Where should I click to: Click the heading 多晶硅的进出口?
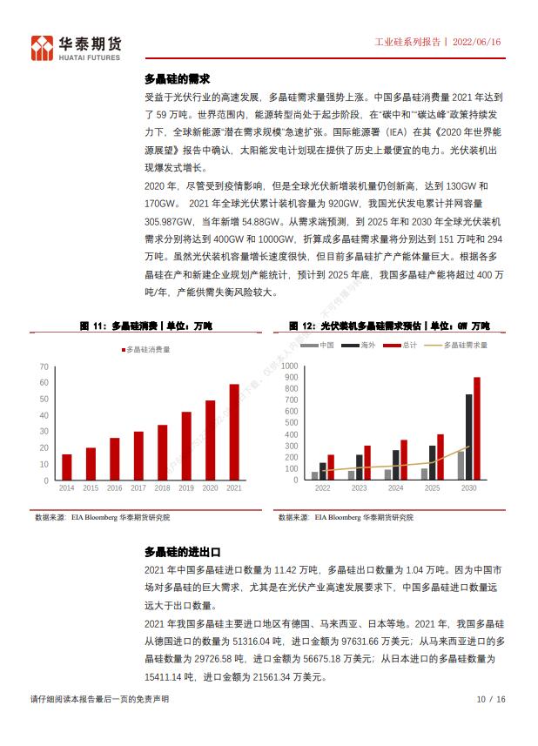pos(182,552)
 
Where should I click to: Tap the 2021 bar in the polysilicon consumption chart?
pos(233,432)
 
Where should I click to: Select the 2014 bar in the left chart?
pos(67,467)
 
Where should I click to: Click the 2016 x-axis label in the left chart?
pos(114,488)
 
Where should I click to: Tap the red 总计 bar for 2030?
pos(476,428)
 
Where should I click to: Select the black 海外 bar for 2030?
pos(468,437)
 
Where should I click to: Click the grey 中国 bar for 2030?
pos(461,466)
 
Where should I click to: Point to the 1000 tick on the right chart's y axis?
pos(291,365)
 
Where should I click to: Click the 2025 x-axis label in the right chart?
pos(432,488)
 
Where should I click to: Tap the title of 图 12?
pos(389,326)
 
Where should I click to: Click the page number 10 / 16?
pos(490,699)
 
